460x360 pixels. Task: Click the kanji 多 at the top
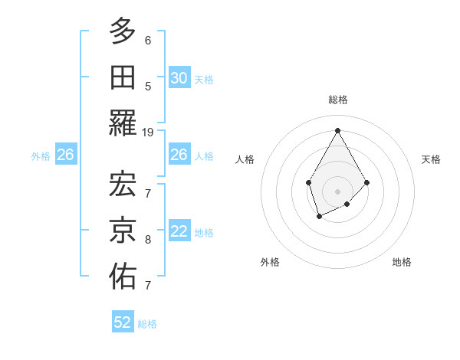click(x=123, y=32)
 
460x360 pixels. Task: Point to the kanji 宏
click(x=123, y=183)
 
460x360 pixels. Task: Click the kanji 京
click(x=123, y=228)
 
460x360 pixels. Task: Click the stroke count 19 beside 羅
click(x=148, y=132)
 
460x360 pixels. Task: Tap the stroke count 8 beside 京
click(x=148, y=240)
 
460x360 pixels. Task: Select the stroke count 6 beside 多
click(x=148, y=41)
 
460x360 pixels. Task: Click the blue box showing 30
click(x=179, y=78)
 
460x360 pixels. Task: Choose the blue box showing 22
click(x=179, y=232)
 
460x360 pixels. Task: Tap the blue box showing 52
click(x=123, y=322)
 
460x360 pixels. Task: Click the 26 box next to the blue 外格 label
click(x=65, y=155)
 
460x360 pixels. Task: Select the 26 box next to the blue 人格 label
click(x=179, y=155)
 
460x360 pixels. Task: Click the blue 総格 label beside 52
click(x=147, y=323)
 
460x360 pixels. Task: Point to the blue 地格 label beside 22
click(x=204, y=233)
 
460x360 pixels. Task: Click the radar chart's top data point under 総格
click(x=337, y=129)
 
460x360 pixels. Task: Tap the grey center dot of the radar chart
click(x=337, y=190)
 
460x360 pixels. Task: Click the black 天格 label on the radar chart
click(x=432, y=159)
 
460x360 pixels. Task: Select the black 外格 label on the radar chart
click(x=270, y=262)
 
